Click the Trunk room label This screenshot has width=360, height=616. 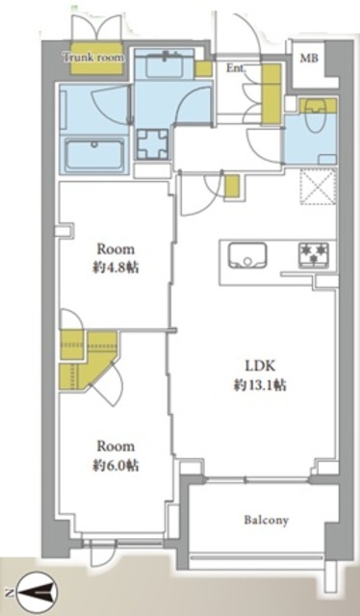pos(93,58)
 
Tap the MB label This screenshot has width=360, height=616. pos(309,59)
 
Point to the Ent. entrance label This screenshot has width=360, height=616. pos(236,68)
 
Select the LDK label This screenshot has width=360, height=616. pos(259,366)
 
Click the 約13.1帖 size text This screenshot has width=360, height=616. pos(259,385)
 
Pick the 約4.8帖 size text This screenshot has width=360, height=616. pos(116,268)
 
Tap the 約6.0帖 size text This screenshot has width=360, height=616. pos(116,465)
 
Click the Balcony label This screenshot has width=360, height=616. pos(267,520)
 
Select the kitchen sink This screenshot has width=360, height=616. pos(247,255)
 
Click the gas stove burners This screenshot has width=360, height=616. pos(314,253)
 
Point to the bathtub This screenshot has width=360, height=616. pos(94,155)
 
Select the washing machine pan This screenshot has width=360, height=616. pos(152,143)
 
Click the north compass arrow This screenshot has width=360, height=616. pos(39,592)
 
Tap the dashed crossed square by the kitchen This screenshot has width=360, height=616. pos(319,186)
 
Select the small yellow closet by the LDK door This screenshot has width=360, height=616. pos(231,186)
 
